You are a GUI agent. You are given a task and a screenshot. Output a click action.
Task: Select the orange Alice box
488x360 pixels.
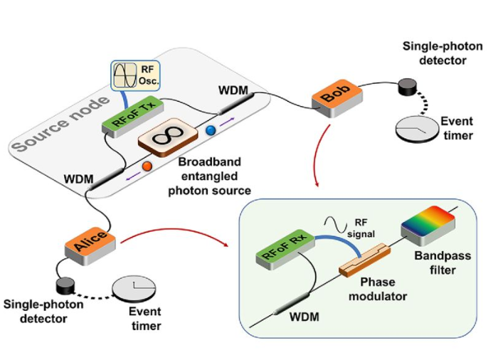pyautogui.click(x=89, y=238)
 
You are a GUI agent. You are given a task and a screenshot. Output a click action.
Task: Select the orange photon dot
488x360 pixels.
pyautogui.click(x=147, y=166)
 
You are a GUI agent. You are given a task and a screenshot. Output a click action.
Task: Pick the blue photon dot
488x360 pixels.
pyautogui.click(x=210, y=132)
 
